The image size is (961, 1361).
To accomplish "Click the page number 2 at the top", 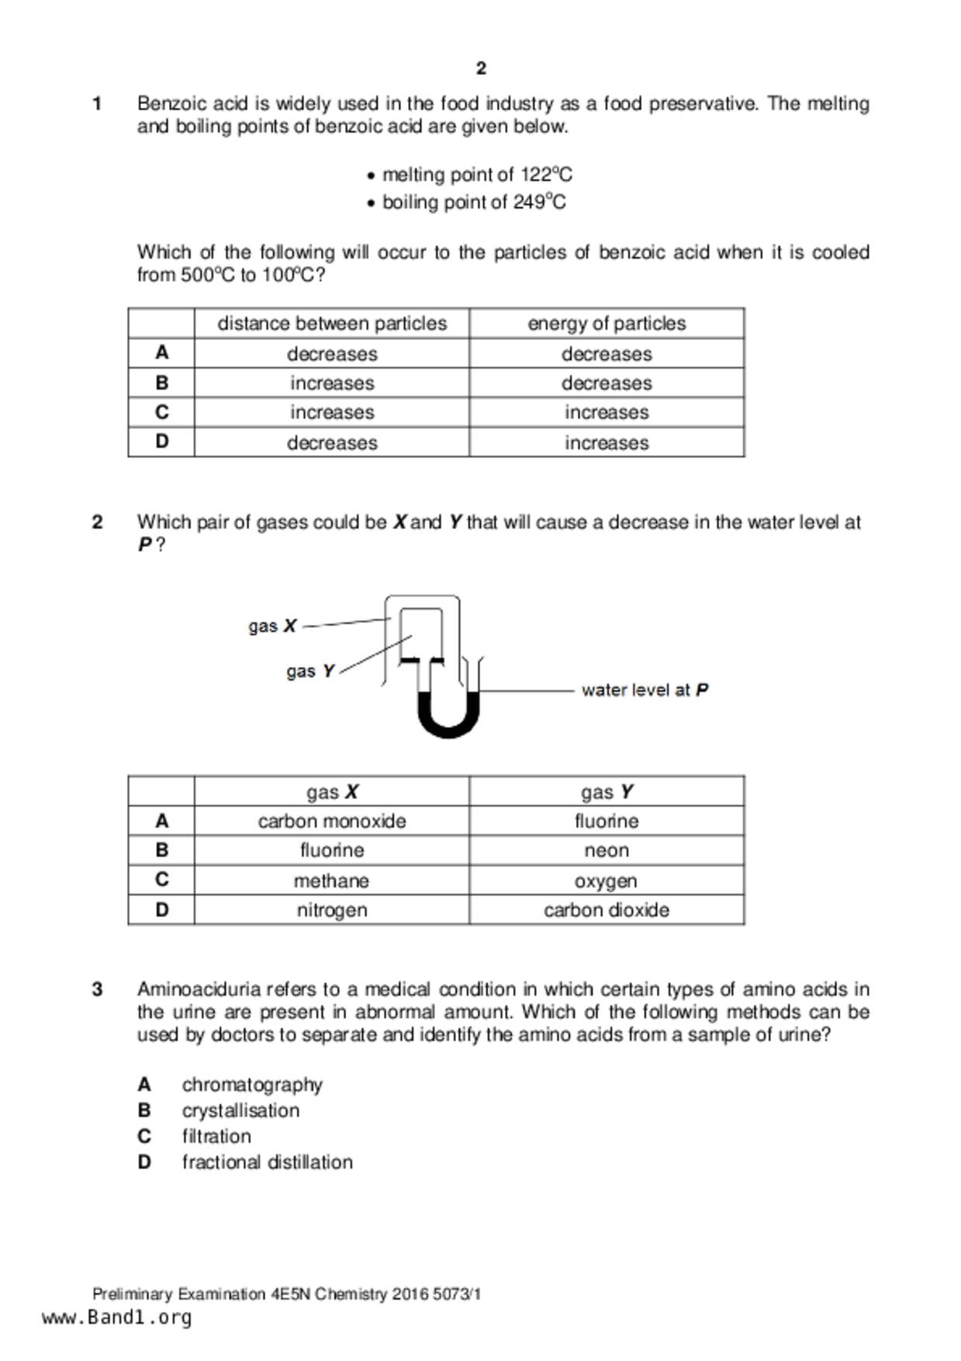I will point(481,68).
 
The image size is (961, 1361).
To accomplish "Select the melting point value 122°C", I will point(546,175).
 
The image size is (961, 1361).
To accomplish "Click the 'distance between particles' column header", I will point(332,324).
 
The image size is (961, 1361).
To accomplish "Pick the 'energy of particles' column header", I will point(607,324).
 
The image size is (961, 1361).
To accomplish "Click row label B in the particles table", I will point(161,383).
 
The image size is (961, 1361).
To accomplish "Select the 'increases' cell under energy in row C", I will point(607,413).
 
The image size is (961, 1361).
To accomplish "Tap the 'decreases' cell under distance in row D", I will point(332,443).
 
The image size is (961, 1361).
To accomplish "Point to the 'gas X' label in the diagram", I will point(272,625).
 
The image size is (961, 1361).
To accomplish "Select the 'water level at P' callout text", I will point(645,690).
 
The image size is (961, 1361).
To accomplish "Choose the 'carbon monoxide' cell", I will point(332,821).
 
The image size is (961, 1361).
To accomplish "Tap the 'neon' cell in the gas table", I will point(607,850).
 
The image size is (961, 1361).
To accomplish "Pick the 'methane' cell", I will point(332,881).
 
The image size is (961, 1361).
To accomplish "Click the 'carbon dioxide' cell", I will point(607,910).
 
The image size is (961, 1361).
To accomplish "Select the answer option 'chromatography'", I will point(252,1085).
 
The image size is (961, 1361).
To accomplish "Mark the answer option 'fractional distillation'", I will point(267,1162).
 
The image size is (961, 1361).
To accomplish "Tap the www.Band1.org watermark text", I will point(116,1318).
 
